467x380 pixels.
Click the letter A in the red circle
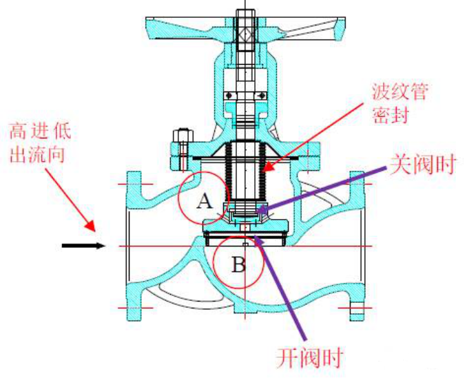pos(203,201)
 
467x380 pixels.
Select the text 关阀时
pos(422,165)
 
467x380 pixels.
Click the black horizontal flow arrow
pos(83,245)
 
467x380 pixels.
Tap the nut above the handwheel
pos(245,13)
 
